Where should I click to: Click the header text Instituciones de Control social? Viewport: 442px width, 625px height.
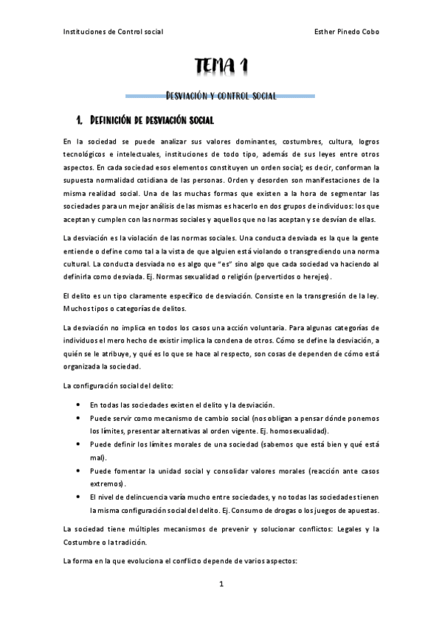coord(113,32)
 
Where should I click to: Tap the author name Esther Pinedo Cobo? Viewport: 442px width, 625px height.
coord(346,32)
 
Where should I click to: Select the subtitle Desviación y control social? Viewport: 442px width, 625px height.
coord(221,96)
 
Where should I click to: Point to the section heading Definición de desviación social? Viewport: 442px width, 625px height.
coord(151,119)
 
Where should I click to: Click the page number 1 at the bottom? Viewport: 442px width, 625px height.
coord(221,584)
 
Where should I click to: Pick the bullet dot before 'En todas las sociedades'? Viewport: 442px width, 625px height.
coord(79,405)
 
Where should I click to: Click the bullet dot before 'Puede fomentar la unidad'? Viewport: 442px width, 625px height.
coord(79,469)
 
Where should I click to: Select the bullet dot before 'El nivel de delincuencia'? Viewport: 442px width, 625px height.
coord(79,496)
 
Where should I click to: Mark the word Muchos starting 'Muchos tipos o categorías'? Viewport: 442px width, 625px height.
coord(77,308)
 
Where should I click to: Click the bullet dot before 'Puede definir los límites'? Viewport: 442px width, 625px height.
coord(79,444)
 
